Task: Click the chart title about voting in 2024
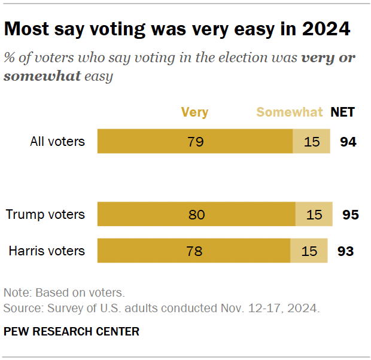click(x=177, y=29)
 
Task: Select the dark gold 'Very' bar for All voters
click(x=194, y=142)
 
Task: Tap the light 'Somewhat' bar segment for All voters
click(x=311, y=142)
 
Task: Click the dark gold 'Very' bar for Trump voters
click(x=196, y=214)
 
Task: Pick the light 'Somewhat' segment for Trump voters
click(x=314, y=214)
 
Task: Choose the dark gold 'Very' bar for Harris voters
click(x=194, y=251)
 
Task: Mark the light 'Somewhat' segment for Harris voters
click(x=309, y=251)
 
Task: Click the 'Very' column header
click(x=194, y=112)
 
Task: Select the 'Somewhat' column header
click(x=290, y=112)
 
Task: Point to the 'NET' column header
click(x=343, y=112)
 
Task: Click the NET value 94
click(x=348, y=142)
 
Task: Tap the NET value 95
click(x=350, y=214)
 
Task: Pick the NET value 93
click(x=345, y=251)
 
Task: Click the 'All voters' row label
click(x=57, y=142)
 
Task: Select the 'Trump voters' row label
click(x=45, y=214)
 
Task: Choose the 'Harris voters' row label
click(x=47, y=251)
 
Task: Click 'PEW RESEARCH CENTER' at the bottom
click(x=71, y=331)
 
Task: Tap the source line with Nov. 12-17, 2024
click(x=162, y=309)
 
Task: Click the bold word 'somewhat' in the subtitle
click(x=42, y=77)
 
